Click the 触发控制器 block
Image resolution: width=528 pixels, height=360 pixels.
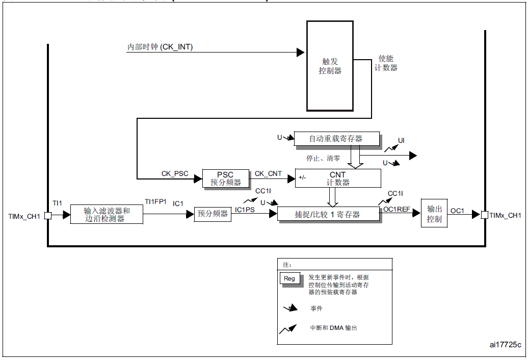330,66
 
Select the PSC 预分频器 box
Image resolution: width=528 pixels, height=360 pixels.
225,178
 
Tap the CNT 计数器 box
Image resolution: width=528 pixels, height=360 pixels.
337,178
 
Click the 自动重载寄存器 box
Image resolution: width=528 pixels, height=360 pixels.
336,139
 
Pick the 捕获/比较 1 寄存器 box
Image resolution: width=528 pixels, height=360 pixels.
328,215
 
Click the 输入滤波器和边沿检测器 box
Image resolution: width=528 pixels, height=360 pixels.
107,214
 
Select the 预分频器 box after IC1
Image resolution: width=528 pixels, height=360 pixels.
213,214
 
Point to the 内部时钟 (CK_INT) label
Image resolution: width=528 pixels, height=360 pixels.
160,47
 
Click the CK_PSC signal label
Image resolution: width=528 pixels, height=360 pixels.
175,173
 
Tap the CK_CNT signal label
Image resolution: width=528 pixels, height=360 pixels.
268,173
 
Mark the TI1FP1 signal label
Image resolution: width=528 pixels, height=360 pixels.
155,201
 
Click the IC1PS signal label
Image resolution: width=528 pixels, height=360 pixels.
245,209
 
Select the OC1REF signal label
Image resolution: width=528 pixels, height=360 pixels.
397,209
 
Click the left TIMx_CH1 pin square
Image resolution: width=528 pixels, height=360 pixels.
48,216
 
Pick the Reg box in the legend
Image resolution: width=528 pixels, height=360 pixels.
289,278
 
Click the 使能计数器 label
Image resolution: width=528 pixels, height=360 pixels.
386,63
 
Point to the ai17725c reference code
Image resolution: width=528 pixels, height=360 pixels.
505,345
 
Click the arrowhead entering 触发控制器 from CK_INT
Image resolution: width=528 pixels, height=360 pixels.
301,52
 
